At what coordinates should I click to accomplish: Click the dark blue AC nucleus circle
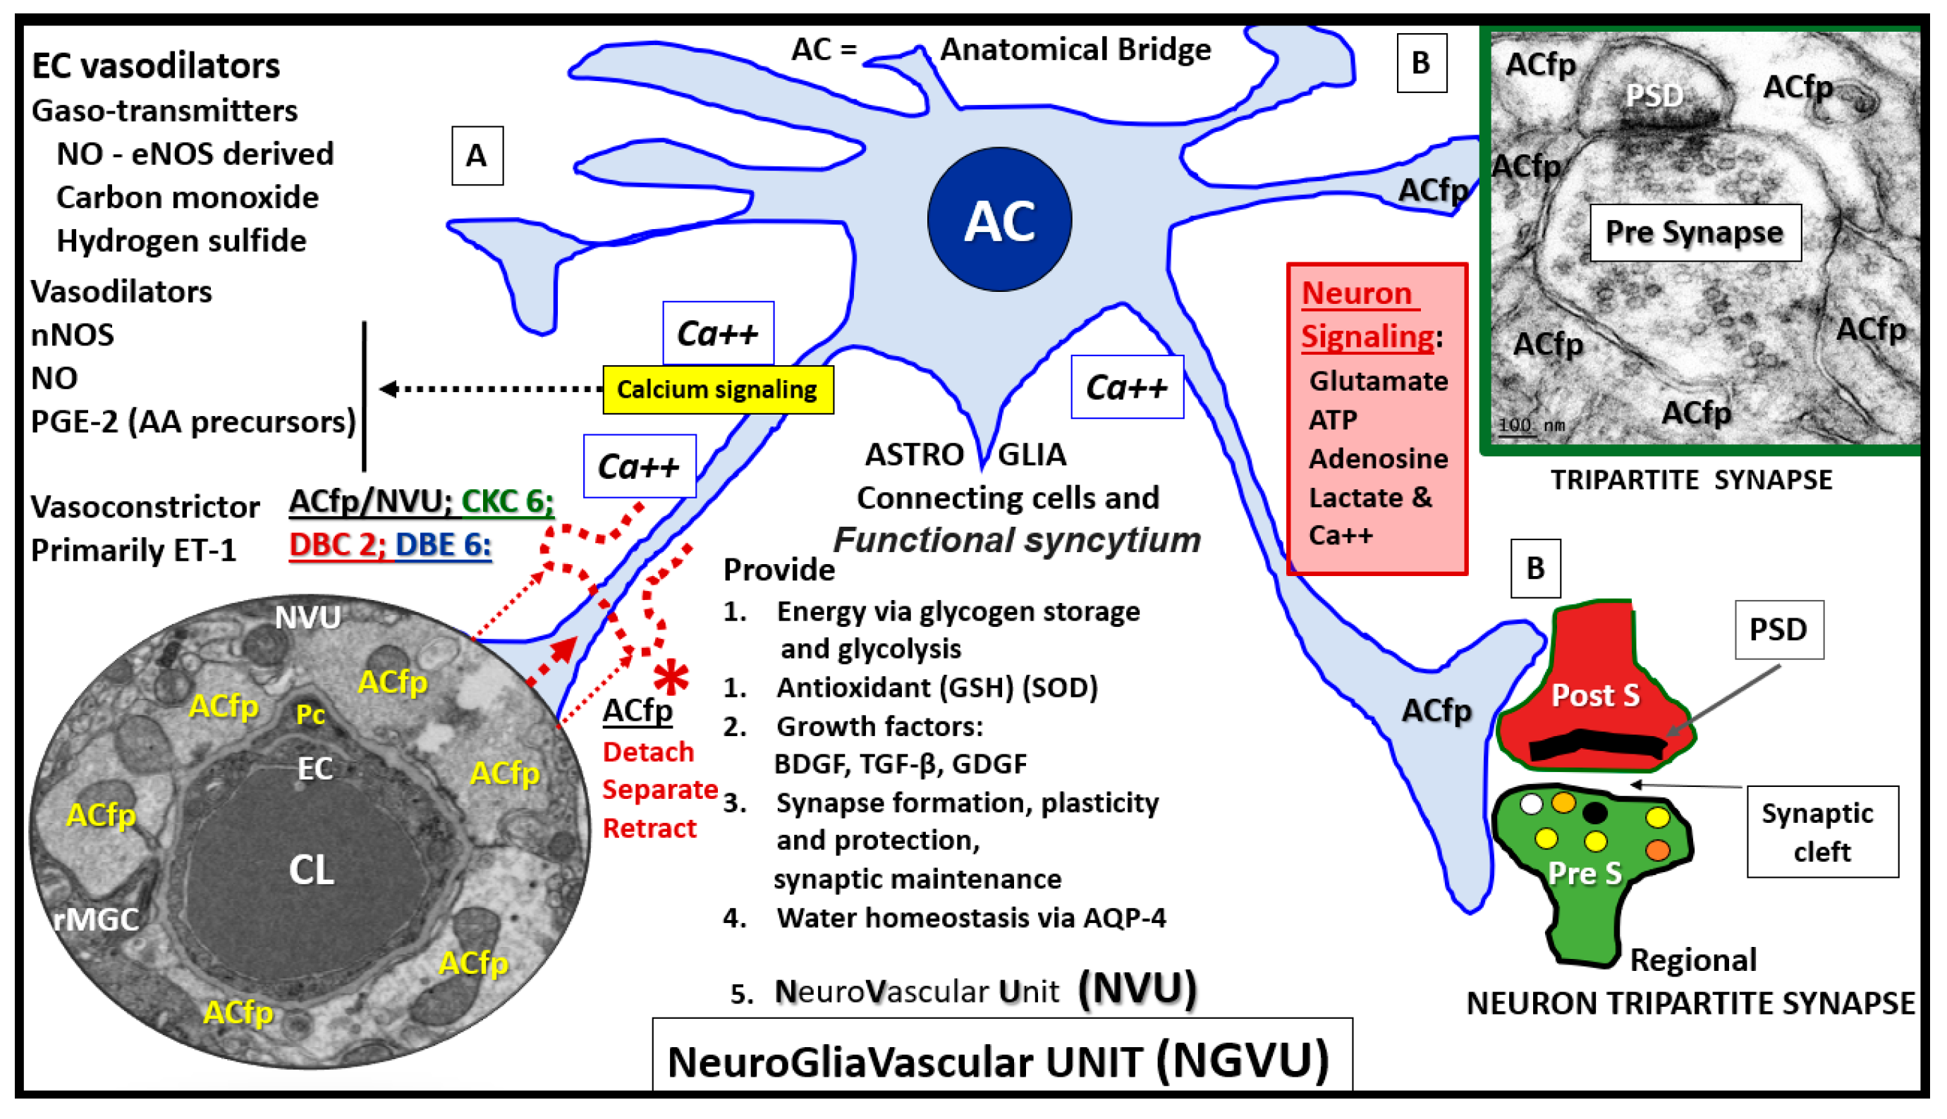[999, 220]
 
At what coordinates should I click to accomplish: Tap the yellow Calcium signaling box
[717, 390]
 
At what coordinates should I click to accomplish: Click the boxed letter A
[477, 156]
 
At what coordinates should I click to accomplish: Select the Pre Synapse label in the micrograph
[1694, 232]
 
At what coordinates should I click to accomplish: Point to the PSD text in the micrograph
[1654, 96]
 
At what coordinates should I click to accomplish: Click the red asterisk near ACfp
[671, 676]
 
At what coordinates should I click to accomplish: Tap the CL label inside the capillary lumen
[310, 870]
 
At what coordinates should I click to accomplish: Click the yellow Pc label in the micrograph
[310, 715]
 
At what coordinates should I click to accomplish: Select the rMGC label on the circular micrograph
[97, 919]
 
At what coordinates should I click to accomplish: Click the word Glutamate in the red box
[1377, 381]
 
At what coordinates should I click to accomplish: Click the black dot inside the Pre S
[1594, 812]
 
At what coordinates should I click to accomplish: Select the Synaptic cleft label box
[1821, 831]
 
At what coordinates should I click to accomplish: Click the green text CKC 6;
[506, 501]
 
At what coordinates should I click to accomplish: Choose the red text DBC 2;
[336, 544]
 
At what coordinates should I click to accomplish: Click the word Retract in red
[649, 828]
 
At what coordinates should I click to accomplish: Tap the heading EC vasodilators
[155, 66]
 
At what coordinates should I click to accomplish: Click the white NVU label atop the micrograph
[307, 617]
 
